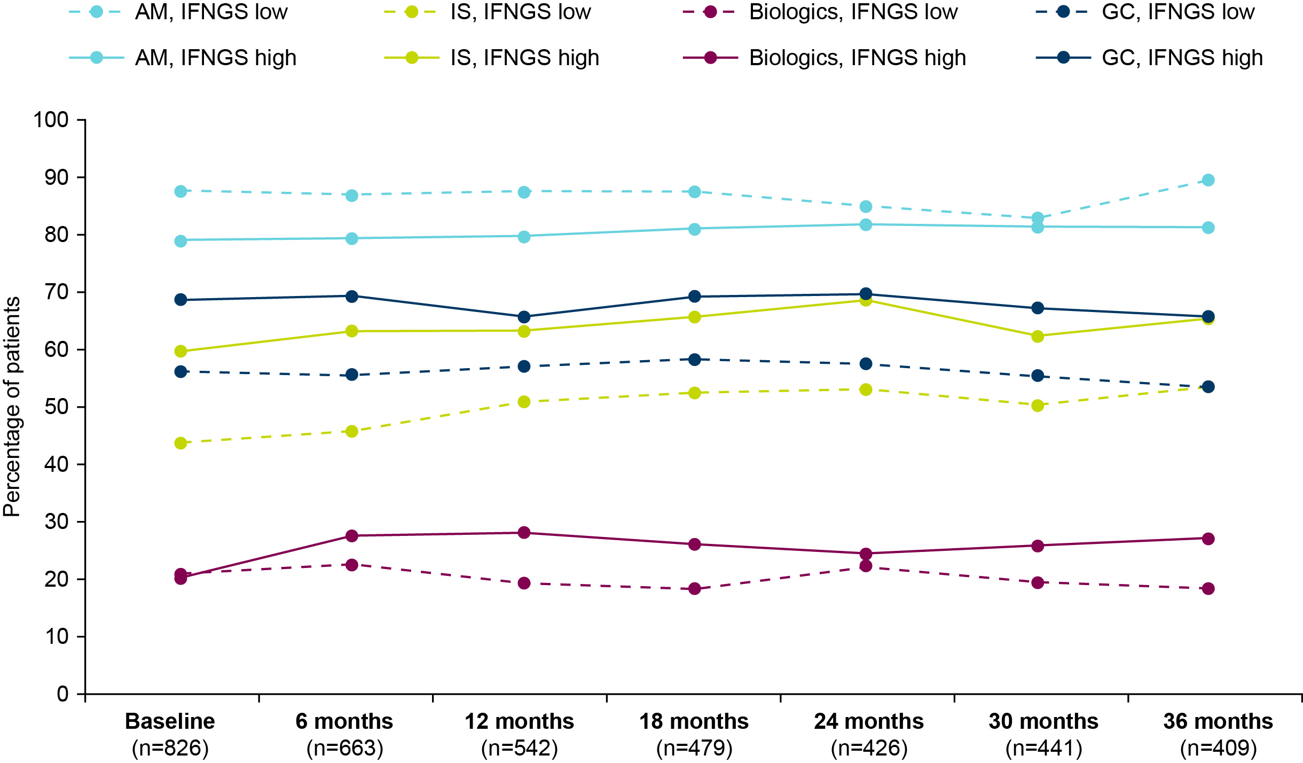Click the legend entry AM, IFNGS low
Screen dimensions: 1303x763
pos(178,12)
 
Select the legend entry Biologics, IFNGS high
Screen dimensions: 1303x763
pos(825,58)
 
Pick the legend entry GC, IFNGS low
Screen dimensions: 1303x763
pos(1145,12)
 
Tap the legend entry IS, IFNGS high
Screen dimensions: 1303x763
pos(491,58)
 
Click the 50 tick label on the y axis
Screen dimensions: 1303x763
pos(57,407)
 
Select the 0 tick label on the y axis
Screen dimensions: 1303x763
pos(63,694)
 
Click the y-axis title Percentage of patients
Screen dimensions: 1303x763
pos(12,407)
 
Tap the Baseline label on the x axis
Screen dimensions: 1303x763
pos(170,721)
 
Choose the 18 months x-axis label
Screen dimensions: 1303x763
pos(694,721)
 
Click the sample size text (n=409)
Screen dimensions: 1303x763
pos(1218,748)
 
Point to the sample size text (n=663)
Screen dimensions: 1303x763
pos(345,748)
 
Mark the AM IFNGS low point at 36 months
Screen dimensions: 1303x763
pos(1208,180)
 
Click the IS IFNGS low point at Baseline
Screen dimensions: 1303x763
pos(180,443)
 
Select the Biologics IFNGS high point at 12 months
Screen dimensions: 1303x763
pos(524,533)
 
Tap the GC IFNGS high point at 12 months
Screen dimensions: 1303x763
pos(524,317)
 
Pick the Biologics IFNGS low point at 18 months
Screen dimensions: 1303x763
pos(695,589)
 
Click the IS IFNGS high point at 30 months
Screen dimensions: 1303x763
pos(1038,336)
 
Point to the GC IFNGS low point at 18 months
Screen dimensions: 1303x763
pos(695,360)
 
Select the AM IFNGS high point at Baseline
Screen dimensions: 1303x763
pos(180,241)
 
